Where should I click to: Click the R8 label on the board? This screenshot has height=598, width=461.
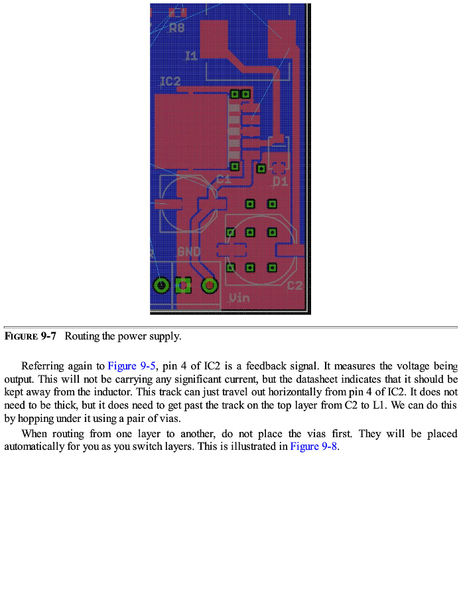(x=177, y=29)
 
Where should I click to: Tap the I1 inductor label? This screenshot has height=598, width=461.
(x=191, y=56)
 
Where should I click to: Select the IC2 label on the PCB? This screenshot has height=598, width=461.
(x=170, y=82)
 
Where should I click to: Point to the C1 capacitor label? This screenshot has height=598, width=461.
(x=224, y=180)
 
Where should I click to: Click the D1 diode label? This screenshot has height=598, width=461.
(x=281, y=181)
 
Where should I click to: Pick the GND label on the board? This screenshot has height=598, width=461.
(x=189, y=252)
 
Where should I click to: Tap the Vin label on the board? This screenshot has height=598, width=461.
(x=239, y=298)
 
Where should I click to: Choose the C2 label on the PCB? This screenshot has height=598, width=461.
(x=295, y=286)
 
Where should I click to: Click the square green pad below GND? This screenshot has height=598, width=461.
(x=184, y=286)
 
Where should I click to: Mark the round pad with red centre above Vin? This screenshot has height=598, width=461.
(x=210, y=286)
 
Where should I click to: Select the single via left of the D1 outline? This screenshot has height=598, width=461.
(x=261, y=168)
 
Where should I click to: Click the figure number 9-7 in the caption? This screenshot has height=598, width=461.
(x=48, y=336)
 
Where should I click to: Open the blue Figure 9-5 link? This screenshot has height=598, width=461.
(x=131, y=366)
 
